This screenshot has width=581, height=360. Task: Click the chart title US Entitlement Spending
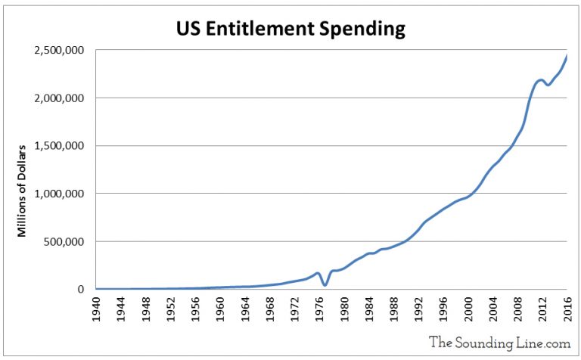(x=290, y=29)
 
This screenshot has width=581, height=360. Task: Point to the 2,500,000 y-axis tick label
(x=58, y=51)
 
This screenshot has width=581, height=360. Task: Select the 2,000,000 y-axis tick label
(x=58, y=98)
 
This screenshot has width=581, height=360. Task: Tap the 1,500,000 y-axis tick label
(x=58, y=146)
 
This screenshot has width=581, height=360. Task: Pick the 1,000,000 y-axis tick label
(x=58, y=194)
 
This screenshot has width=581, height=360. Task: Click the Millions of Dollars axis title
(x=23, y=189)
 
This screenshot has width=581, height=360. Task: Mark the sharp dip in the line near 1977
(x=325, y=284)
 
